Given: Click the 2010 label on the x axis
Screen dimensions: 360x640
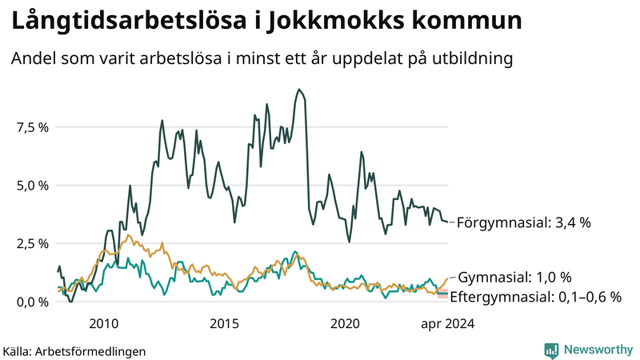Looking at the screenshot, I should [x=105, y=324].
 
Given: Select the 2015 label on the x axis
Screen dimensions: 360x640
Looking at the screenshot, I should [x=225, y=324].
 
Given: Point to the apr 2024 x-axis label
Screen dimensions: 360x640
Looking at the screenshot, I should [x=446, y=324].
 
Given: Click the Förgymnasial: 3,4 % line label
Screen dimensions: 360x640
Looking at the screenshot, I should [x=523, y=223].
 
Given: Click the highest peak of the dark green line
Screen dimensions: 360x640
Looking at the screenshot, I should [x=298, y=90].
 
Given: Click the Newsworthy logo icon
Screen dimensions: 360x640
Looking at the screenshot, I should [x=551, y=350].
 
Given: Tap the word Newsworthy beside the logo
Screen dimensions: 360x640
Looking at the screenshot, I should [x=596, y=350].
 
